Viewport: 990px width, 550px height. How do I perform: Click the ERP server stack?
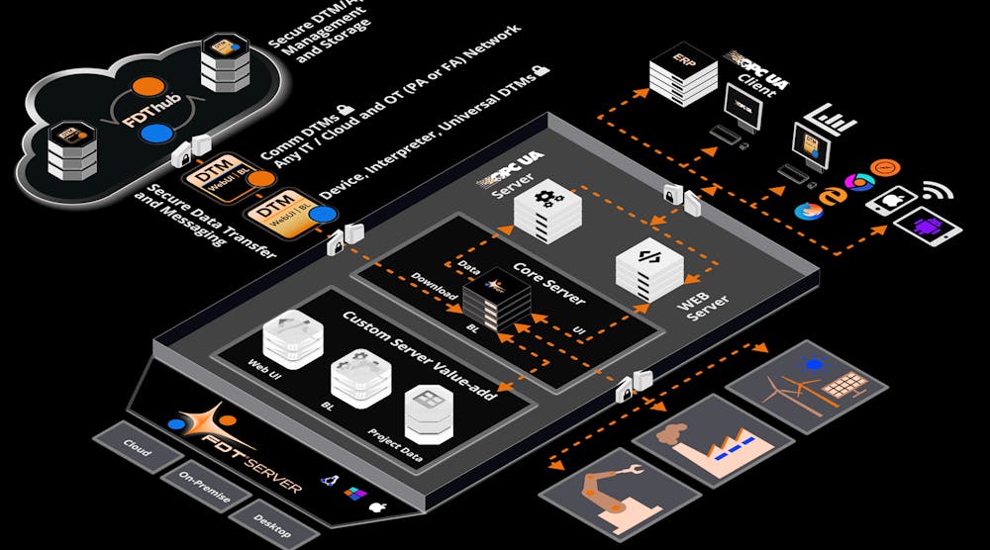[682, 75]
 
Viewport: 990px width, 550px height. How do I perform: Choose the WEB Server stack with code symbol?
[648, 265]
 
